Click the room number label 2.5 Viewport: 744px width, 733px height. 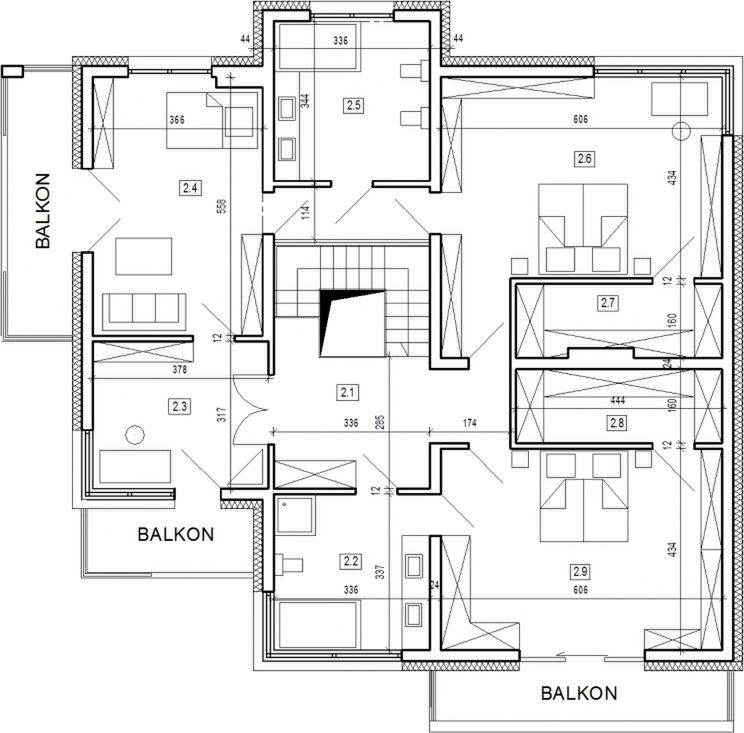coord(353,105)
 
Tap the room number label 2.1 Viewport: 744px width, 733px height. coord(347,392)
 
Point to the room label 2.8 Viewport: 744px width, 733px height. coord(617,423)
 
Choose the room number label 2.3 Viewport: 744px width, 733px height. coord(180,407)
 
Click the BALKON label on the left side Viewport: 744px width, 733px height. coord(43,211)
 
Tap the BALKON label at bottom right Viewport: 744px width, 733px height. coord(579,693)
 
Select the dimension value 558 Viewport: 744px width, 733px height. coord(224,205)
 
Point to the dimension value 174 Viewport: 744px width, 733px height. coord(469,423)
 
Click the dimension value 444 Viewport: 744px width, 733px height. coord(617,401)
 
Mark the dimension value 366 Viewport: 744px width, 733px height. coord(177,120)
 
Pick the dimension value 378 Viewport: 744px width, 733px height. coord(179,370)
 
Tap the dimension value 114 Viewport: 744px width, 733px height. coord(306,212)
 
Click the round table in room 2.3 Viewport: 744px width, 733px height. coord(135,435)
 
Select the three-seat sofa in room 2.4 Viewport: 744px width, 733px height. coord(144,312)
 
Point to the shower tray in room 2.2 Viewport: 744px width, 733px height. coord(295,515)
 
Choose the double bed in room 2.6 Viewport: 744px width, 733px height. coord(583,229)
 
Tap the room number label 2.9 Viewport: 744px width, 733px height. coord(580,571)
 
